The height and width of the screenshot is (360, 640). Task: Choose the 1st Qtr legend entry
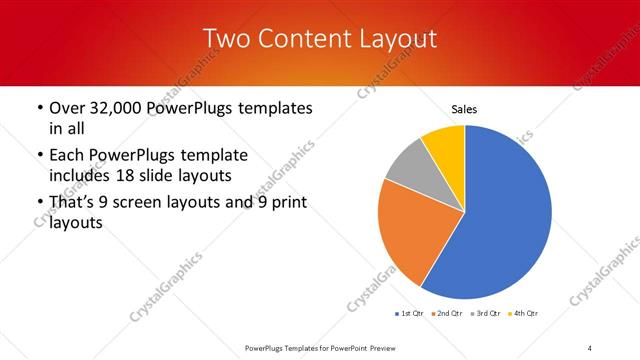click(410, 314)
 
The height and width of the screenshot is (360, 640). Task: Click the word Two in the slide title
click(226, 39)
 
